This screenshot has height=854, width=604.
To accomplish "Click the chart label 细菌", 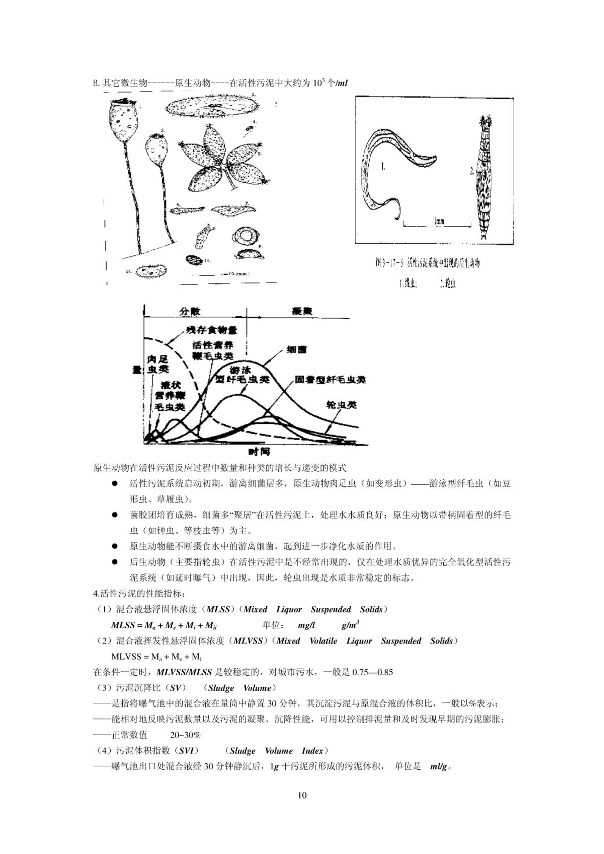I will (297, 349).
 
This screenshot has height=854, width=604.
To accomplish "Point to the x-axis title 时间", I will (259, 452).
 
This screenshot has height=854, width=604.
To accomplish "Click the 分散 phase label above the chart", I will (190, 311).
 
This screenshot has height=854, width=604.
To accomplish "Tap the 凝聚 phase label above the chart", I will (302, 311).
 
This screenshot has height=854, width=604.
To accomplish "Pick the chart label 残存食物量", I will (211, 330).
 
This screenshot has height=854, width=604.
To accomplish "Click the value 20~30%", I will (185, 735).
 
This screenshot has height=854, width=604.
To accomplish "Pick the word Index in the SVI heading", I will (313, 751).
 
